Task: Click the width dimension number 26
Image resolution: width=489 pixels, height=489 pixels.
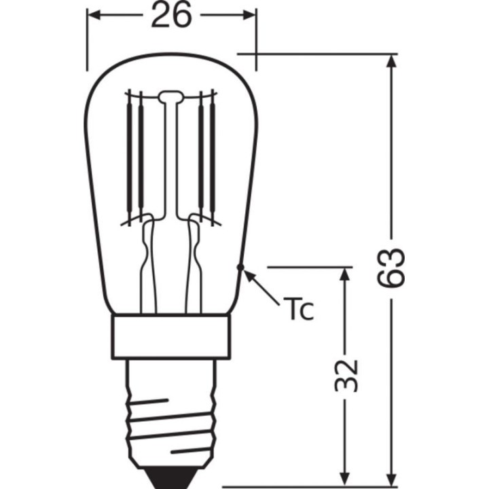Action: coord(171,16)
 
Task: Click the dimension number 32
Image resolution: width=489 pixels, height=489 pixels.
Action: coord(346,374)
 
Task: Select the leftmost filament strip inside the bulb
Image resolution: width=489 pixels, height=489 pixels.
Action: coord(128,156)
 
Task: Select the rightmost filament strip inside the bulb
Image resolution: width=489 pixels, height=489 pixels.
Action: coord(213,156)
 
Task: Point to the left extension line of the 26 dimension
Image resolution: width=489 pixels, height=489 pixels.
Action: coord(87,41)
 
